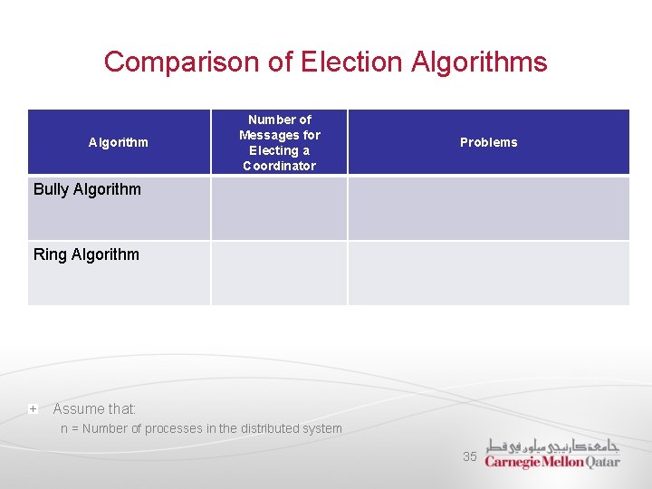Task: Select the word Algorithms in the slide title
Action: pyautogui.click(x=479, y=62)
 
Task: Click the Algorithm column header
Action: pyautogui.click(x=119, y=142)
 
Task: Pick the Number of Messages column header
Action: pyautogui.click(x=279, y=142)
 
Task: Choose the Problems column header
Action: pyautogui.click(x=488, y=142)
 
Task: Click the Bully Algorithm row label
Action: pyautogui.click(x=87, y=189)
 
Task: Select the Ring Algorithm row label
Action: pyautogui.click(x=86, y=254)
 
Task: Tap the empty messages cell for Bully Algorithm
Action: pyautogui.click(x=279, y=208)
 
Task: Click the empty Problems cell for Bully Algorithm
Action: pyautogui.click(x=488, y=208)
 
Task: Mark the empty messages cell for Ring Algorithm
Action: pyautogui.click(x=279, y=273)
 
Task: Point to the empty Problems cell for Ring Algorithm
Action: pyautogui.click(x=488, y=273)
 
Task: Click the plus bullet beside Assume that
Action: pyautogui.click(x=33, y=409)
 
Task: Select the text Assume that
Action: pyautogui.click(x=94, y=409)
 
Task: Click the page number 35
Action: pyautogui.click(x=469, y=456)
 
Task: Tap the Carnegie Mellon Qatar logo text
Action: pyautogui.click(x=552, y=462)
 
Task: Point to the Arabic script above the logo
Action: pyautogui.click(x=552, y=446)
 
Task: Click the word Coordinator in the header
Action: pyautogui.click(x=279, y=166)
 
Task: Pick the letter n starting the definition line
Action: pyautogui.click(x=64, y=429)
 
